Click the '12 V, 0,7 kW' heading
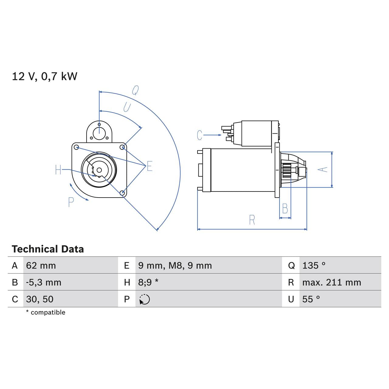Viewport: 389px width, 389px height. click(x=45, y=76)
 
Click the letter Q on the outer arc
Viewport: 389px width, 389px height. click(x=135, y=90)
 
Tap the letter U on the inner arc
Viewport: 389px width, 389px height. click(x=127, y=107)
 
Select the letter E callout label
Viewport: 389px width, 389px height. click(x=149, y=166)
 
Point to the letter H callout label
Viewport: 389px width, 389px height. click(x=58, y=170)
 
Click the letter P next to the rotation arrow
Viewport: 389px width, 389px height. click(x=71, y=202)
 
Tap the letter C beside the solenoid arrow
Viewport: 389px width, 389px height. click(x=199, y=135)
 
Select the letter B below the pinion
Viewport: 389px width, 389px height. click(x=285, y=209)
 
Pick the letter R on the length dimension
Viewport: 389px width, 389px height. click(x=252, y=220)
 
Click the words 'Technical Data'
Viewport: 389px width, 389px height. click(x=48, y=249)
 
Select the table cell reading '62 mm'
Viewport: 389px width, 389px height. click(x=41, y=266)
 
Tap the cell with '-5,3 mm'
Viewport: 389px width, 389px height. click(x=44, y=283)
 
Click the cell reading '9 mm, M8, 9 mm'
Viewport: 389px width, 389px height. click(x=175, y=266)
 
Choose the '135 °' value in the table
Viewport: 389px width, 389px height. click(x=314, y=266)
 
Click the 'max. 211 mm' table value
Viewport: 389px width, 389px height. click(x=332, y=283)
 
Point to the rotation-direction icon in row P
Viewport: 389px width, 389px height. click(x=145, y=299)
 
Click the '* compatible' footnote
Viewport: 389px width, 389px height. click(x=46, y=312)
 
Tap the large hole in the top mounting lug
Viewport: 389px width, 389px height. click(x=99, y=133)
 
